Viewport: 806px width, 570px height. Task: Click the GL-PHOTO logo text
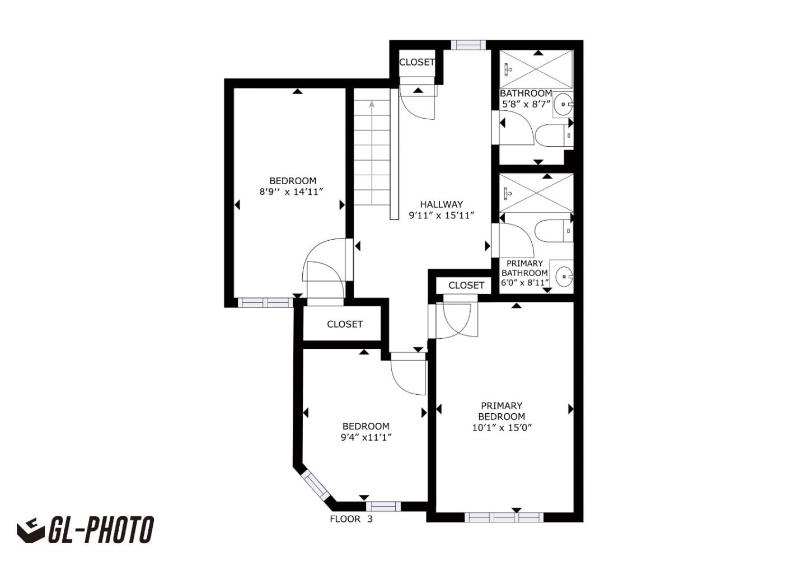[101, 530]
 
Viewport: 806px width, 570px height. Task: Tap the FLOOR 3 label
[351, 519]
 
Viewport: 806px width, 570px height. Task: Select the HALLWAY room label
[442, 204]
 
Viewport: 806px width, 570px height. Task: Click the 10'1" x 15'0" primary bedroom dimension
[502, 428]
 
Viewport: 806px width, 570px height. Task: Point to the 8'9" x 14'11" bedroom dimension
[292, 191]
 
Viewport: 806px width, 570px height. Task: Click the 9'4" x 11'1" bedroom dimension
[366, 437]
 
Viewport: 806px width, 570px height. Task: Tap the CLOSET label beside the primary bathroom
[466, 286]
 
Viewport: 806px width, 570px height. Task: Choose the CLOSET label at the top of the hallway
[416, 62]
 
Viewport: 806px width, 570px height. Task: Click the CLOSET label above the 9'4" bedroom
[345, 324]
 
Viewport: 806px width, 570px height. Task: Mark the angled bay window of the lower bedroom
[316, 486]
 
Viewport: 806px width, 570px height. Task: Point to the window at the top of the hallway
[468, 45]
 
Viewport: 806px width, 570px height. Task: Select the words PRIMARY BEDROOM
[502, 411]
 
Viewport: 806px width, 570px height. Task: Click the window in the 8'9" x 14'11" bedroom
[265, 303]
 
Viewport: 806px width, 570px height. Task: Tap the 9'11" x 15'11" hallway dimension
[442, 215]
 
